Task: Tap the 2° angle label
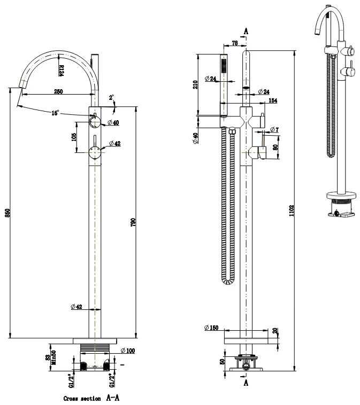click(111, 98)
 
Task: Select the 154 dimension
click(273, 100)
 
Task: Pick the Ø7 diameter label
click(274, 130)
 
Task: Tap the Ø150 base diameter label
click(211, 328)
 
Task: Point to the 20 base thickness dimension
click(274, 331)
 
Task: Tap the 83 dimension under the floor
click(48, 357)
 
